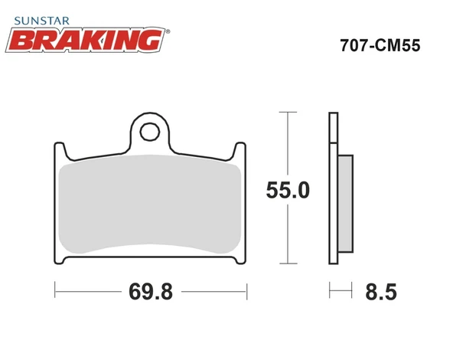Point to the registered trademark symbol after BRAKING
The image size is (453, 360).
(168, 31)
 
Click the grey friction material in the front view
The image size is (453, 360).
(150, 207)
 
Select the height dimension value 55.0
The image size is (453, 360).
(287, 191)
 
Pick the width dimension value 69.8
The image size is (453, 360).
(150, 292)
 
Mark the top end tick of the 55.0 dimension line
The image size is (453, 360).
(287, 113)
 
